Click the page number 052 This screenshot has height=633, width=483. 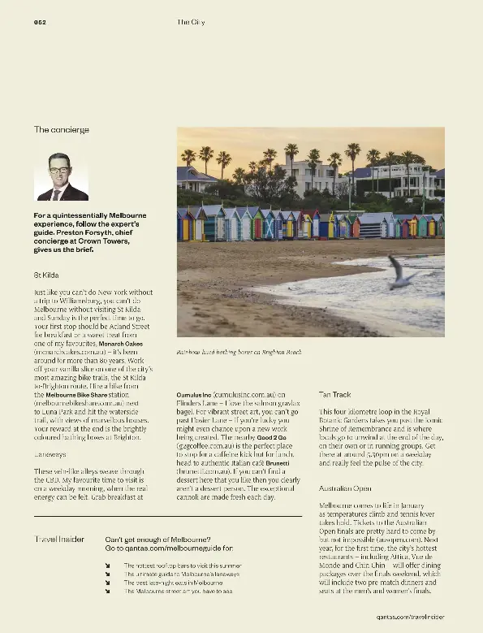click(39, 22)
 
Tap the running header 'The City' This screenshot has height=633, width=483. click(191, 22)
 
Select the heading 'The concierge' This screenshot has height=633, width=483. click(62, 129)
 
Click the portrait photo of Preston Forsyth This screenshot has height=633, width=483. click(62, 176)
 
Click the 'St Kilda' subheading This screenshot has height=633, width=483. click(46, 275)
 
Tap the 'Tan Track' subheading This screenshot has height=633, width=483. click(335, 394)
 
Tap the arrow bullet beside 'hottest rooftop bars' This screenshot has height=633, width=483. click(108, 565)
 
